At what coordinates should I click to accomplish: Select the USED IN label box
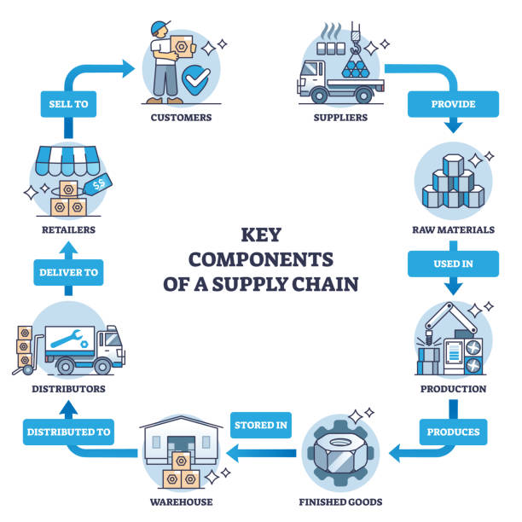[x=453, y=264]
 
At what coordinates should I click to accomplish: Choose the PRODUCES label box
[x=453, y=432]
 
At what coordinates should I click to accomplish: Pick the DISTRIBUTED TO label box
[x=69, y=432]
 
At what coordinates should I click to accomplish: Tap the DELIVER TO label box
[x=69, y=273]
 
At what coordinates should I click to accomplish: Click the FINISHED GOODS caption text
[x=340, y=502]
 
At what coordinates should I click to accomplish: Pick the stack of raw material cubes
[x=453, y=184]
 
